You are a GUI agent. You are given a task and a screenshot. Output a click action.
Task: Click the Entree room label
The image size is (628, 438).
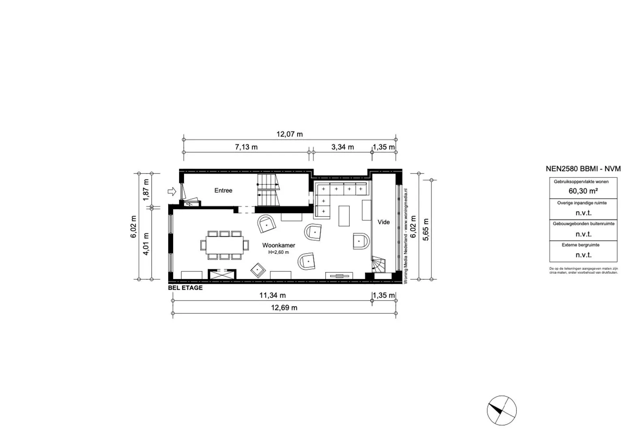point(223,190)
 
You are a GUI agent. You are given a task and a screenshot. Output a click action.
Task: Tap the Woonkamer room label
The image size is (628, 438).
point(279,245)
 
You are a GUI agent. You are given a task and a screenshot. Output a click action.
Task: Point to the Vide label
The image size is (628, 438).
point(384,222)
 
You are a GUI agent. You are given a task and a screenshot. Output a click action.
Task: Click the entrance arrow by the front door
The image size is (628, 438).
point(172,191)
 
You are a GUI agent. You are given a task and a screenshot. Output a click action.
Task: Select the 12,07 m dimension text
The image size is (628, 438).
point(289,134)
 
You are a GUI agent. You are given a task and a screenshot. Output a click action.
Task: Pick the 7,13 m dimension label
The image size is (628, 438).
point(246,147)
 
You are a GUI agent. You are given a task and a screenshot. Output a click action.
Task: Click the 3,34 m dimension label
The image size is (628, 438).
point(343,147)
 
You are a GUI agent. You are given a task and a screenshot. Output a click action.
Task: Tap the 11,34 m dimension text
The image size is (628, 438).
point(272,295)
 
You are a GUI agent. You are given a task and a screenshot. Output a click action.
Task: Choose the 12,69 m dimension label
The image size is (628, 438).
point(284,307)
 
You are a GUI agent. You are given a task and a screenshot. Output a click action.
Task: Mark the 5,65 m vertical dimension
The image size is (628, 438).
point(426,230)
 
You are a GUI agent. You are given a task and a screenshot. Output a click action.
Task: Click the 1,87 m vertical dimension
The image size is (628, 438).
point(146,190)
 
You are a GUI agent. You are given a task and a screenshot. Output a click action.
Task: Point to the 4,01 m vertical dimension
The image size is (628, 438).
point(146,244)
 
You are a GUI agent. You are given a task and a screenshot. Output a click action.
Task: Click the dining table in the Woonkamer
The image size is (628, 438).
point(224,245)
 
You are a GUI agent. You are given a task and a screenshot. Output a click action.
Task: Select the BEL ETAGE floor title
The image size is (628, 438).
point(185,288)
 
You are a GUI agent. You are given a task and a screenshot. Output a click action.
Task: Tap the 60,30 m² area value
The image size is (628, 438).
point(583,191)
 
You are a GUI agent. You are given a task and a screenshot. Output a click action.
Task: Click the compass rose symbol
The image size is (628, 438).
point(502,410)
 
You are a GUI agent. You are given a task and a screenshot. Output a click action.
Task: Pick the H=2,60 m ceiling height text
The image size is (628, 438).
point(279,252)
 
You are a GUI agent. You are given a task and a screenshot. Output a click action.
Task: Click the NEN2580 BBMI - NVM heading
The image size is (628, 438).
point(583,169)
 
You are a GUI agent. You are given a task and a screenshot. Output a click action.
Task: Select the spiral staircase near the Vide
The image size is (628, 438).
point(379,264)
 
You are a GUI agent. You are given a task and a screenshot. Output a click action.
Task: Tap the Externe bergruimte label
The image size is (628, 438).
point(580,245)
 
